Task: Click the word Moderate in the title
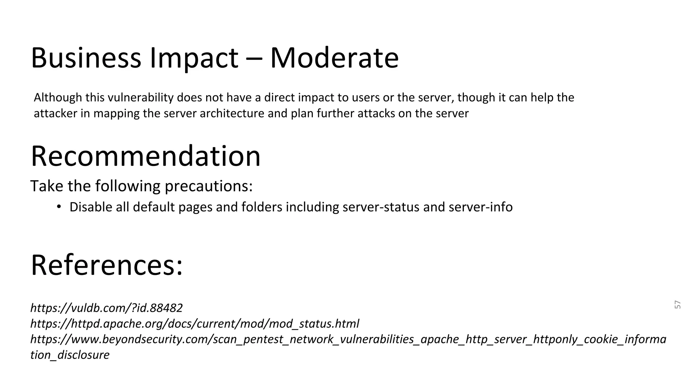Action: pyautogui.click(x=334, y=58)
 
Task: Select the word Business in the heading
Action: pyautogui.click(x=86, y=58)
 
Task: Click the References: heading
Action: pyautogui.click(x=107, y=265)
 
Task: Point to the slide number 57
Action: pyautogui.click(x=677, y=305)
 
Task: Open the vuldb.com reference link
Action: pyautogui.click(x=107, y=308)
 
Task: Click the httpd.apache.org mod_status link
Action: pyautogui.click(x=195, y=324)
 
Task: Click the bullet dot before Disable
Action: pyautogui.click(x=59, y=207)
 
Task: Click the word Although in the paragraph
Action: pyautogui.click(x=58, y=98)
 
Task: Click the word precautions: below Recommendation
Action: pyautogui.click(x=209, y=186)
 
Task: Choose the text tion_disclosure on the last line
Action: pyautogui.click(x=70, y=355)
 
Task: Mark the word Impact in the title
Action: pyautogui.click(x=194, y=58)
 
